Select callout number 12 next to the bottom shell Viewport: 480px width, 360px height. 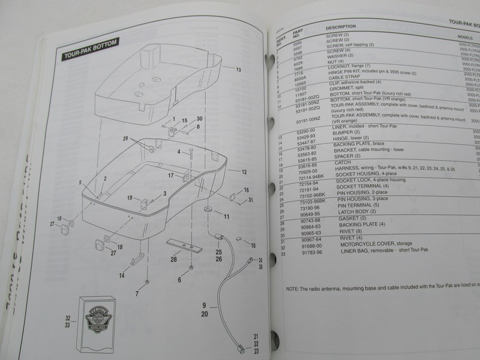pos(244,172)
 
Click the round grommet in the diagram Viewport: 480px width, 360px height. pos(207,211)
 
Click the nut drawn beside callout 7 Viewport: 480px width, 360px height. pos(146,281)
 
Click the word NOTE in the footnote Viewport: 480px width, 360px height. pos(293,288)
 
